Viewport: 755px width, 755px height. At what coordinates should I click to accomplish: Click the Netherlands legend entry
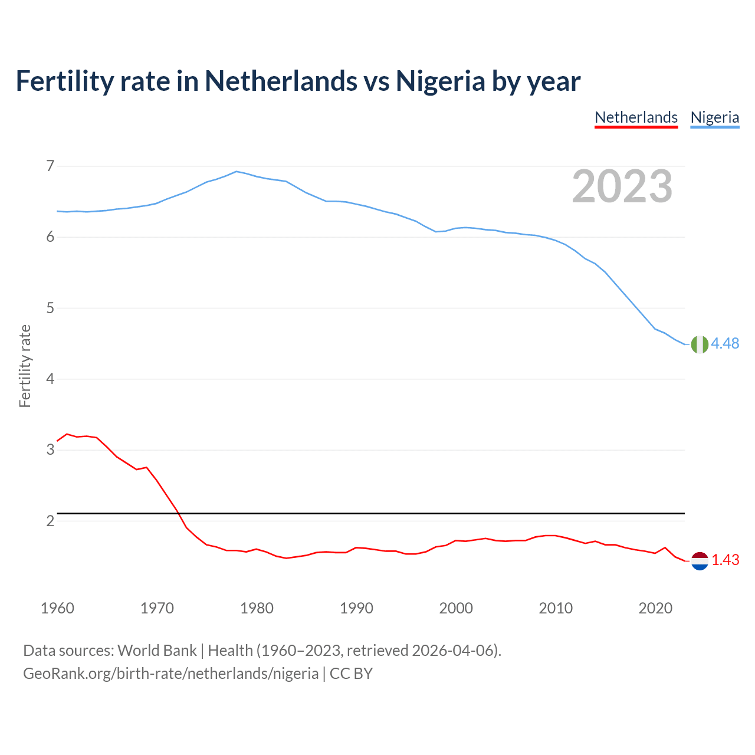636,117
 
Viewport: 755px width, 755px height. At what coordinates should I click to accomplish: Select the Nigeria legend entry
714,117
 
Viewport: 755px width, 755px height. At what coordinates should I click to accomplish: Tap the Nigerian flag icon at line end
700,344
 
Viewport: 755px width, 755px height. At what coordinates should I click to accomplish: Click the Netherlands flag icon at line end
700,561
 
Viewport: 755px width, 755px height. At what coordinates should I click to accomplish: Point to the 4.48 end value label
725,344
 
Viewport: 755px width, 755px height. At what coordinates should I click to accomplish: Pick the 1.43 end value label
725,560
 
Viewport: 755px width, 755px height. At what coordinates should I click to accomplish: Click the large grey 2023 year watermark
622,186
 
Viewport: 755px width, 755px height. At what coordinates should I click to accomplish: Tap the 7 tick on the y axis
50,166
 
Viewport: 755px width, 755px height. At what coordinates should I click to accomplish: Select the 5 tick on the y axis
50,308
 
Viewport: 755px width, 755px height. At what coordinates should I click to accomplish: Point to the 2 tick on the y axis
50,521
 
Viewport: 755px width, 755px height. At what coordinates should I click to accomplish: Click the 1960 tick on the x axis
57,608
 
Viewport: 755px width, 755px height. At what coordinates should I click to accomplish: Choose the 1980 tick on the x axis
257,608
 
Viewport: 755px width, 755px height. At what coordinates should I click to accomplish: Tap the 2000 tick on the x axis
456,608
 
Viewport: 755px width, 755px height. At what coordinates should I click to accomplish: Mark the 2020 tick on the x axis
655,608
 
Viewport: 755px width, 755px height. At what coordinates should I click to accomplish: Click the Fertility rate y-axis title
25,366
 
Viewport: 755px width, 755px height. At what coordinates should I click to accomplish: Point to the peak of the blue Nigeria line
237,172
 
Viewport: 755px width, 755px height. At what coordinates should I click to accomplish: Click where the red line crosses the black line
178,514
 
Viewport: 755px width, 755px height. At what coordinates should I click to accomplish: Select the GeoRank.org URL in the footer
170,674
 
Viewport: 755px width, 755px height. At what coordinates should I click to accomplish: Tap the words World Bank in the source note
157,651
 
